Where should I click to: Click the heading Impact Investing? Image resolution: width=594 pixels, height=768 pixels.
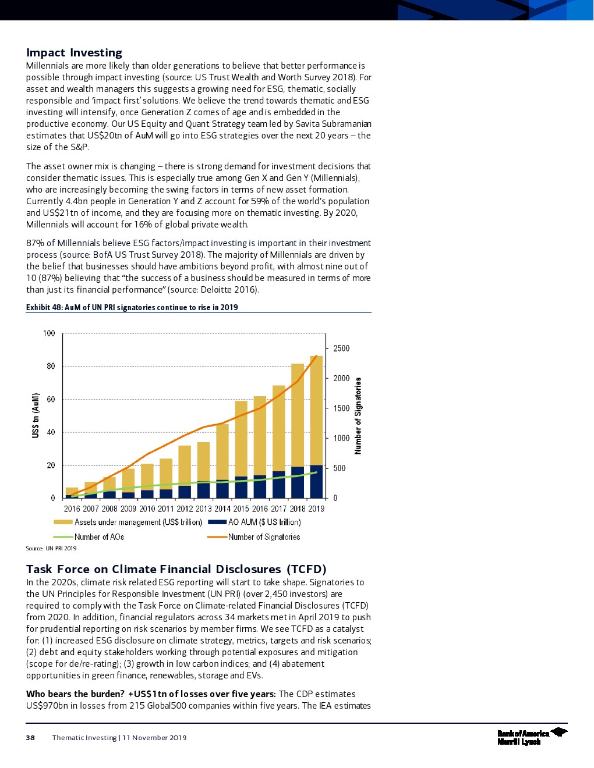coord(74,53)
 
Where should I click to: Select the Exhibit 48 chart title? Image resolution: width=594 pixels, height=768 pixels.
coord(132,307)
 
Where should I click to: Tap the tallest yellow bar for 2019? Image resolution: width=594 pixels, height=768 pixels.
coord(316,407)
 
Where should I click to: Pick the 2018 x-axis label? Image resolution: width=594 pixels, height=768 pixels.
coord(297,509)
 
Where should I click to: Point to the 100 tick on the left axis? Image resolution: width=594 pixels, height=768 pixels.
coord(49,333)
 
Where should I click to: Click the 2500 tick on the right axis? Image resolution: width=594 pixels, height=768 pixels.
coord(341,349)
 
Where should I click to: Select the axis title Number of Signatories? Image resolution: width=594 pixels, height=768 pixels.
coord(358,415)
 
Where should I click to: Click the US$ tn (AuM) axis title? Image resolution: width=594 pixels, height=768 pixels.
coord(36,415)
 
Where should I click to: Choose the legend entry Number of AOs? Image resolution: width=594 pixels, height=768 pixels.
coord(99,537)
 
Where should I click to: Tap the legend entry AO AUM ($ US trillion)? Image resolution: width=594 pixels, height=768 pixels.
coord(264,522)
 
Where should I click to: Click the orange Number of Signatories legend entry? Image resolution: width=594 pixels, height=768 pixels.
coord(264,537)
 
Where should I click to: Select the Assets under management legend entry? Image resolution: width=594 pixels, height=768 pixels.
coord(138,522)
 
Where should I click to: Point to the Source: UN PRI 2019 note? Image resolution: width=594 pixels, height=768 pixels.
coord(51,548)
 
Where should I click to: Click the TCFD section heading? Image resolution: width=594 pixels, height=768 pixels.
coord(176,569)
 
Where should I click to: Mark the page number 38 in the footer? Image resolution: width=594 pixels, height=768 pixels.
coord(30,738)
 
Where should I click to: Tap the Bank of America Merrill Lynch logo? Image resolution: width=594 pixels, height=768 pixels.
coord(531,737)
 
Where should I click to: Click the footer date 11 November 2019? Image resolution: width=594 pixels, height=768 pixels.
coord(154,738)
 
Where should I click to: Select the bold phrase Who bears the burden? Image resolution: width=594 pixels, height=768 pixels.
coord(75,694)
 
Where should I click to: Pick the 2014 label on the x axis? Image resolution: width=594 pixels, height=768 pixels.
coord(222,509)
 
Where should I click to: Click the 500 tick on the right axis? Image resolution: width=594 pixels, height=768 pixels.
coord(339,468)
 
